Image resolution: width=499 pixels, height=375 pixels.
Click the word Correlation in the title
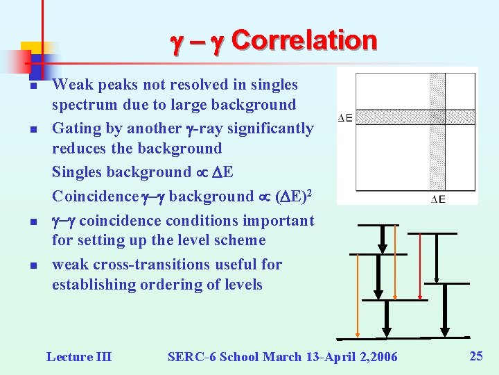point(304,40)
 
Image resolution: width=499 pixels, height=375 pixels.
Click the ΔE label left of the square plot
point(345,118)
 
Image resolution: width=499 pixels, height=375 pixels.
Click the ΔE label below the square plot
point(438,199)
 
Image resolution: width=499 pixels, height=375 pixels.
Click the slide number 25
point(476,356)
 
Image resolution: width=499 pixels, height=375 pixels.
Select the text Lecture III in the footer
point(78,357)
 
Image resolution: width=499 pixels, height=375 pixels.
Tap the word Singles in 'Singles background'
point(76,172)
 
